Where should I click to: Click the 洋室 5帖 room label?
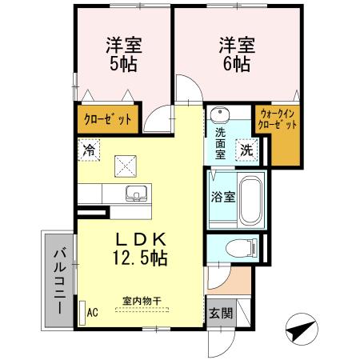pos(122,54)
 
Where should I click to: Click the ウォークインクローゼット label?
pos(278,120)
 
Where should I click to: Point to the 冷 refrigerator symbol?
pos(90,149)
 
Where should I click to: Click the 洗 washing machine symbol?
pos(247,149)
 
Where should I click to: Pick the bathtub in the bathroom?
pos(252,198)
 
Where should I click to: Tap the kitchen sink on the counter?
pos(137,194)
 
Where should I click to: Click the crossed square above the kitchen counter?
pos(126,166)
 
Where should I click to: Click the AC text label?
pos(91,312)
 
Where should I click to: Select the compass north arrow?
pos(300,329)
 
